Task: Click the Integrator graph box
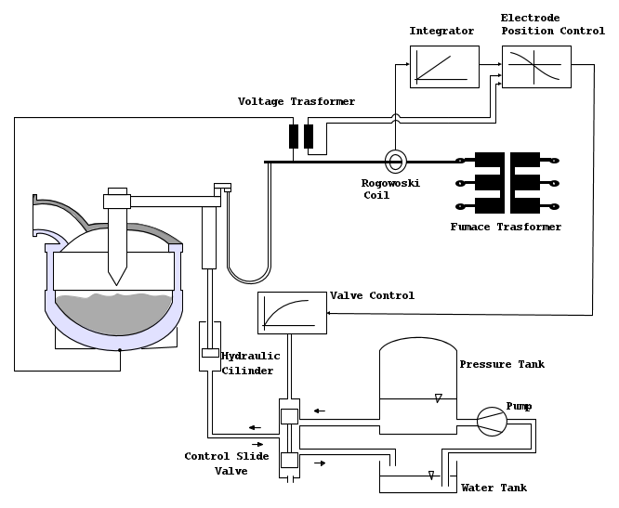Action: pos(444,67)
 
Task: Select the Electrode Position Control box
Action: pos(536,67)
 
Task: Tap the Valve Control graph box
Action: pos(291,313)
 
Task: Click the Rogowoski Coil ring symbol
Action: pos(395,162)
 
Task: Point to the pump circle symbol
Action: pos(492,422)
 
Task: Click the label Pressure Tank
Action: pos(502,364)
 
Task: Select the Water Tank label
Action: pos(494,488)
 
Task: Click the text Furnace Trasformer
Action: pos(506,227)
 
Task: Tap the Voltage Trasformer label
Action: pos(296,101)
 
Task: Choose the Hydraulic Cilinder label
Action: pos(247,363)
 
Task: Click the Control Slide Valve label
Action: pos(227,463)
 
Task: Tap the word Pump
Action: pos(519,407)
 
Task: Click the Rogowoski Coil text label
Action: pos(390,189)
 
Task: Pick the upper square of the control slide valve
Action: pos(288,415)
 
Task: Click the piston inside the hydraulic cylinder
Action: pos(210,353)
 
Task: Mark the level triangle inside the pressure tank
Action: pos(438,398)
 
